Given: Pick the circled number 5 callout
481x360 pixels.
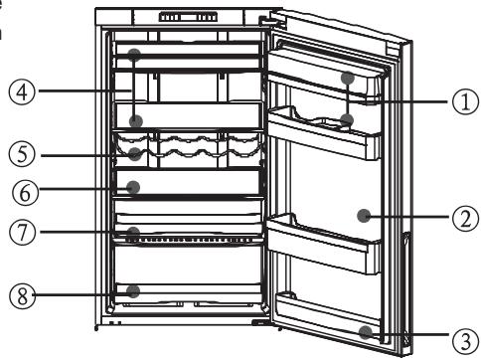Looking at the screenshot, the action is coord(21,155).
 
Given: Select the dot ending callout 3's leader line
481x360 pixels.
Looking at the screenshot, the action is coord(367,330).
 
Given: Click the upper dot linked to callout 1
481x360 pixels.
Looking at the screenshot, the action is coord(347,77).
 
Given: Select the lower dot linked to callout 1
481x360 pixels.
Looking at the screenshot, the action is coord(347,120).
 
